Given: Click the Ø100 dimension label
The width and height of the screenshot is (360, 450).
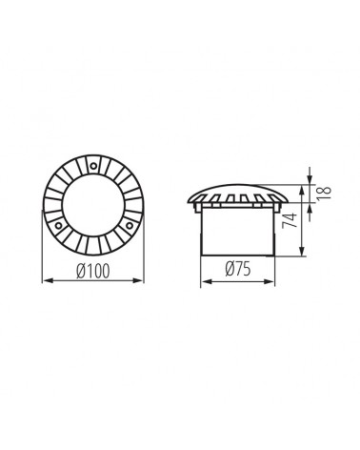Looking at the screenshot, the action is coord(93,271).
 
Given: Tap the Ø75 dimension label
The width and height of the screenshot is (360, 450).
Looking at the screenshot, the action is coord(238,269).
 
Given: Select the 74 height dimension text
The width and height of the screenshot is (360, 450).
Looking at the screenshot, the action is coord(290,220).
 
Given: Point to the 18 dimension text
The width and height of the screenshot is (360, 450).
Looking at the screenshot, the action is coord(324,193).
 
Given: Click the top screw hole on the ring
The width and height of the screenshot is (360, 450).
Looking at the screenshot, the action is coord(93,166).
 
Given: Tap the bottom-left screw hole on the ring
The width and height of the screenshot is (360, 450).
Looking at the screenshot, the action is coord(58,226).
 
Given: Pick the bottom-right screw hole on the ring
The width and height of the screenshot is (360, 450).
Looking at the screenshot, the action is coord(130,226).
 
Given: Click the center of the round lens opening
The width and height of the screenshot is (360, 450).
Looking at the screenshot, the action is coord(93,205).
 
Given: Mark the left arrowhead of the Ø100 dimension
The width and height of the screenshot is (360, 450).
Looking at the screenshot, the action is coord(47,280).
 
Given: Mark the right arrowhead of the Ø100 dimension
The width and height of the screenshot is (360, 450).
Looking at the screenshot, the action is coord(139,280).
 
